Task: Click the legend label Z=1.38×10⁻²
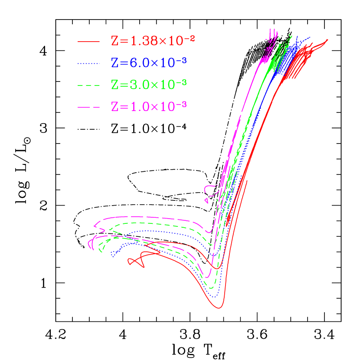tap(153, 41)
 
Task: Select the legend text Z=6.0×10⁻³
tap(149, 63)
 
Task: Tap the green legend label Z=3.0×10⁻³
tap(149, 84)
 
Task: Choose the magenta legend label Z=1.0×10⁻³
tap(149, 106)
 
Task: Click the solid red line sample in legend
tap(89, 42)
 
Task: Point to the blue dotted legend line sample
tap(89, 64)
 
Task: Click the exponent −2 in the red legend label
tap(190, 38)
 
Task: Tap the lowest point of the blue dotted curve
tap(216, 297)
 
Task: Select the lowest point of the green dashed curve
tap(212, 288)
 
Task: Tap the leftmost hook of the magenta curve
tap(89, 245)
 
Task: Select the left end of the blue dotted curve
tap(112, 255)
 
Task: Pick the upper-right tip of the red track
tap(327, 40)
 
